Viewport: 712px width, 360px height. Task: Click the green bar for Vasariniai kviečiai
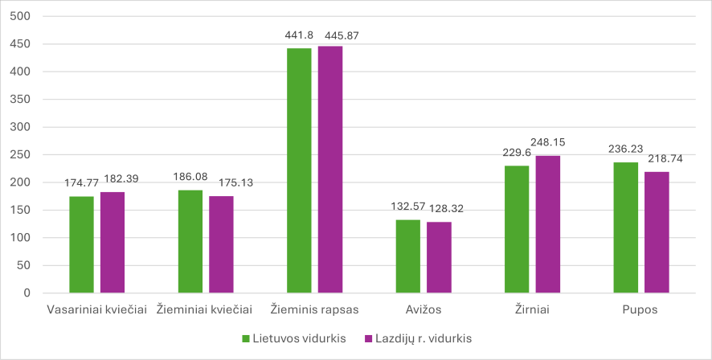(81, 244)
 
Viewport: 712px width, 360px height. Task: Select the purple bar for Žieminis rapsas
(329, 170)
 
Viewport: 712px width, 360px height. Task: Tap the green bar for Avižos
(408, 256)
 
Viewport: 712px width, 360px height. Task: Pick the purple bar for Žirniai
(547, 224)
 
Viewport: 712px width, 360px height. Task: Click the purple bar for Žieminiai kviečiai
(221, 244)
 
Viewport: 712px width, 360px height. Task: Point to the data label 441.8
(299, 36)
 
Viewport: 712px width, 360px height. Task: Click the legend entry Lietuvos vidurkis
(294, 338)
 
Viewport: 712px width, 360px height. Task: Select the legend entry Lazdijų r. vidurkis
(418, 338)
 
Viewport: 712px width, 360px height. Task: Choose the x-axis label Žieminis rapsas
(314, 309)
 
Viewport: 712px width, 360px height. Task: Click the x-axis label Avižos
(424, 309)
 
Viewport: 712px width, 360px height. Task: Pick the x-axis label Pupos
(641, 309)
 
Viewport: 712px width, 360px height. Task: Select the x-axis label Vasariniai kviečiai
(97, 309)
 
